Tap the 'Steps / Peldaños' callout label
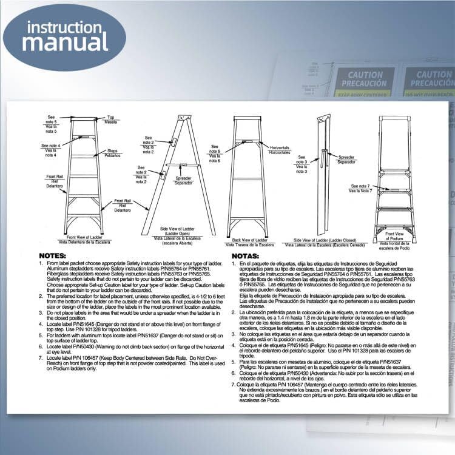pos(113,153)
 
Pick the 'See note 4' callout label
pos(51,148)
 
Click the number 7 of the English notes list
pos(41,358)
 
